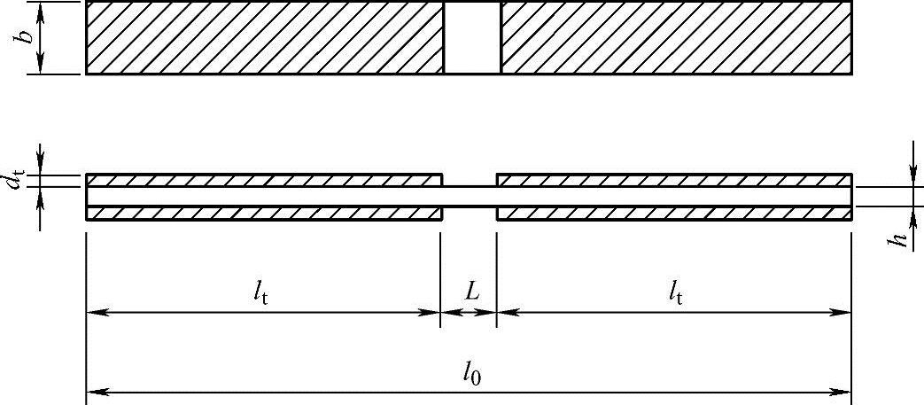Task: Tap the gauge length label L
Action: coord(472,291)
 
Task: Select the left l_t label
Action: coord(260,292)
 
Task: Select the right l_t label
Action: coord(675,292)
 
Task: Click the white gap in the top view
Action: coord(472,37)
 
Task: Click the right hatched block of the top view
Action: coord(676,37)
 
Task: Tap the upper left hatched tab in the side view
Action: coord(264,180)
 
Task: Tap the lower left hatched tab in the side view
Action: coord(264,213)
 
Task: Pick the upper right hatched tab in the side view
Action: coord(674,180)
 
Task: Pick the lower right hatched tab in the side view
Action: coord(674,213)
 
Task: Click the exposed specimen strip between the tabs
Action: coord(470,196)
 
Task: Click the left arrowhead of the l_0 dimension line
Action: coord(93,391)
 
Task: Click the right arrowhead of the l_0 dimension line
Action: coord(844,391)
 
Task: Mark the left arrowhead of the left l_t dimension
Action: coord(93,312)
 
